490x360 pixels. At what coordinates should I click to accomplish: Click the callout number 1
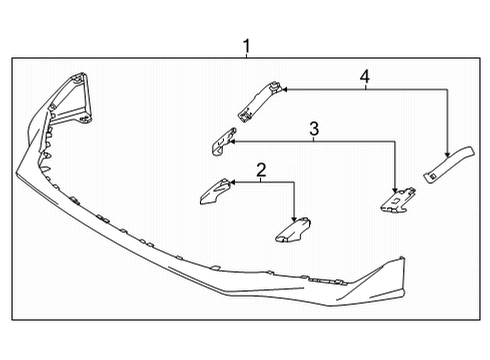coord(245,44)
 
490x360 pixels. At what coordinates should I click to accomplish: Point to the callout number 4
coord(366,75)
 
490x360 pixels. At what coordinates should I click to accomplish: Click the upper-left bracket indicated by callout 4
coord(257,102)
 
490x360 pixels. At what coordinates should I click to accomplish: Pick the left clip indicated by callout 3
coord(217,145)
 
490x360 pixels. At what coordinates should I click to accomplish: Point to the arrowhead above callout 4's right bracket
coord(447,147)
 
